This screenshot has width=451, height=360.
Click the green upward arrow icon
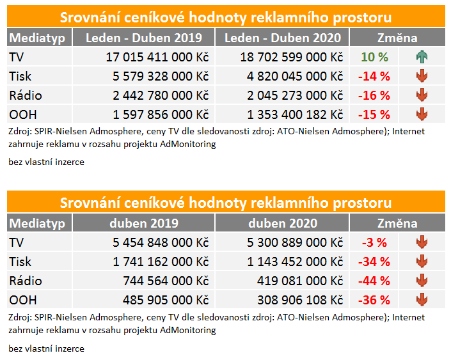coord(422,57)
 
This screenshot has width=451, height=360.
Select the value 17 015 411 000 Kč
coord(157,57)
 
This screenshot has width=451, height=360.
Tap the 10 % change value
coord(375,57)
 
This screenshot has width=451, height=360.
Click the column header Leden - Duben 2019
coord(143,38)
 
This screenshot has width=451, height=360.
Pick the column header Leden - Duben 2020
coord(283,38)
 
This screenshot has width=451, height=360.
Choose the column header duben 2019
coord(143,223)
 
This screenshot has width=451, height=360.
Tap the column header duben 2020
coord(283,223)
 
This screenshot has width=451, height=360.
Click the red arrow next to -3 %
coord(422,242)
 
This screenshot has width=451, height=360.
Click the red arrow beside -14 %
coord(422,76)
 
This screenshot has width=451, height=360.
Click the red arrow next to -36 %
coord(422,300)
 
